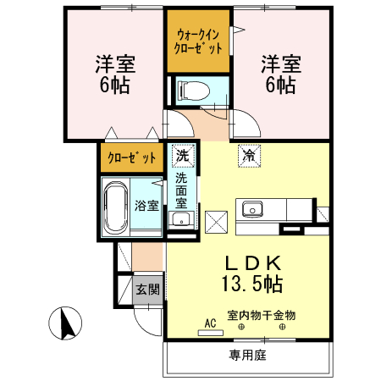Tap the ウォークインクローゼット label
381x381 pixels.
198,42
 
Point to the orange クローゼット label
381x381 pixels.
131,157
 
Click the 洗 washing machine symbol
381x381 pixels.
181,156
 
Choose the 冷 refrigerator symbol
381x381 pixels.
249,156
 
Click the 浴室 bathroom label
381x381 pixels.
146,206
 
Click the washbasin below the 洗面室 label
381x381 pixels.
179,220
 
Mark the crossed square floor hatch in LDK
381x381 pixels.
218,222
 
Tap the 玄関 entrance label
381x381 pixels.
146,290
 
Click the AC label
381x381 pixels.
209,323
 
